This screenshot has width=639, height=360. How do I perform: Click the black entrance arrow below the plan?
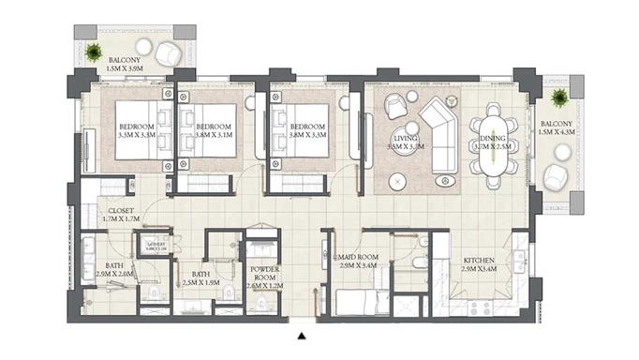(301, 335)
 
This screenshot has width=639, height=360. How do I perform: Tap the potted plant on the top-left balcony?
(95, 52)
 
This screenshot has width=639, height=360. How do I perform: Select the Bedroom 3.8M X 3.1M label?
(214, 131)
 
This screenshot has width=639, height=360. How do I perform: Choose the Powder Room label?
(262, 271)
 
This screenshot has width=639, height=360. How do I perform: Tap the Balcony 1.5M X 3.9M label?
(126, 65)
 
